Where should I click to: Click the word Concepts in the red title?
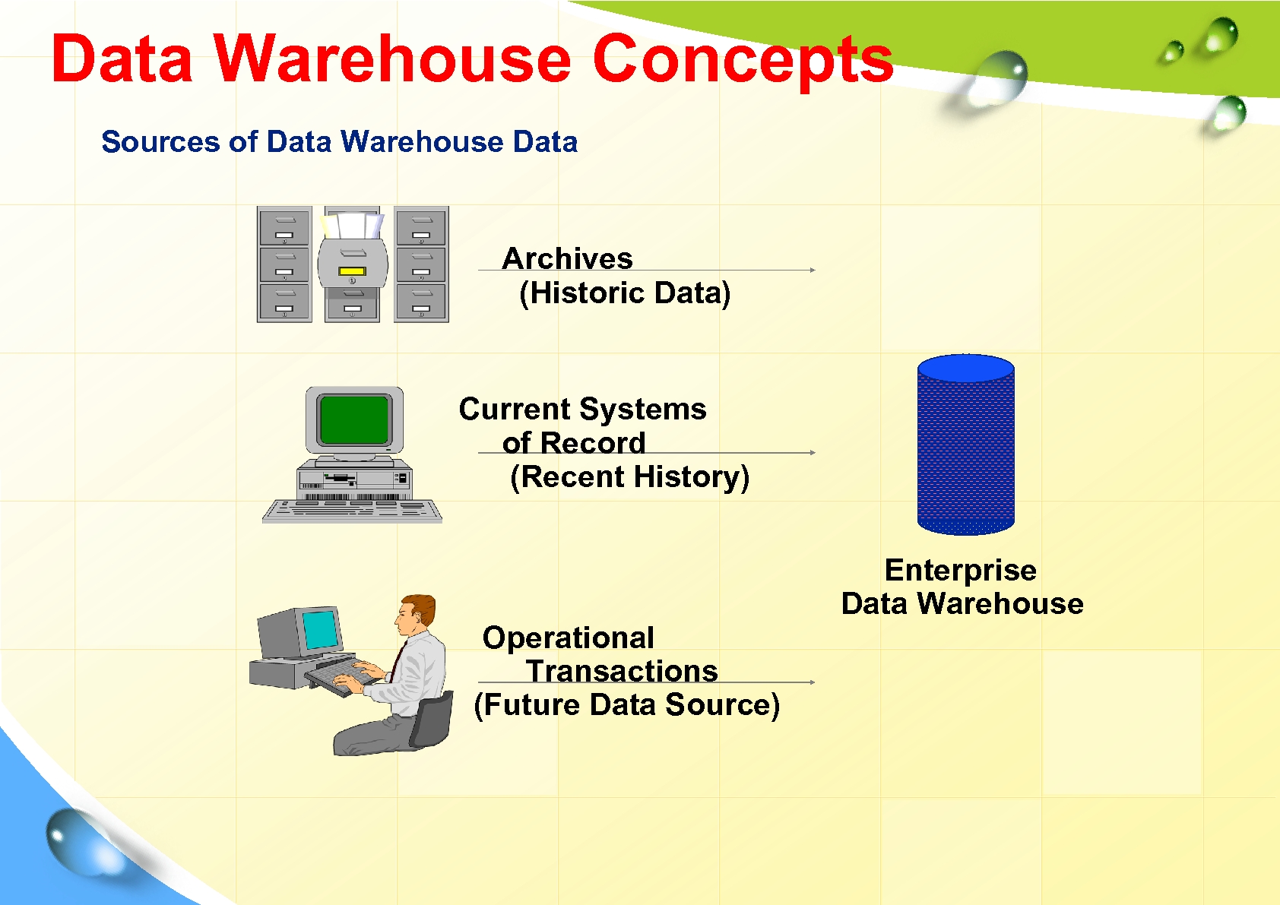coord(743,59)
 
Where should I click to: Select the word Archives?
coord(567,258)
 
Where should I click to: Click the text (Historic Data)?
coord(625,293)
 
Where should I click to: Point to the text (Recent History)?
coord(629,477)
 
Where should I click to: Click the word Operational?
coord(568,638)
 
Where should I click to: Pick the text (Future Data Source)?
coord(627,704)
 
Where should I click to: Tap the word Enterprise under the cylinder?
coord(960,570)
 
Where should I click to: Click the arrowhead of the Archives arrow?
coord(813,270)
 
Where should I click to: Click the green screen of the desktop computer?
coord(354,420)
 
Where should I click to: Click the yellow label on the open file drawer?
coord(352,271)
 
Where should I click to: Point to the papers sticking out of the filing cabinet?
coord(352,224)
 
